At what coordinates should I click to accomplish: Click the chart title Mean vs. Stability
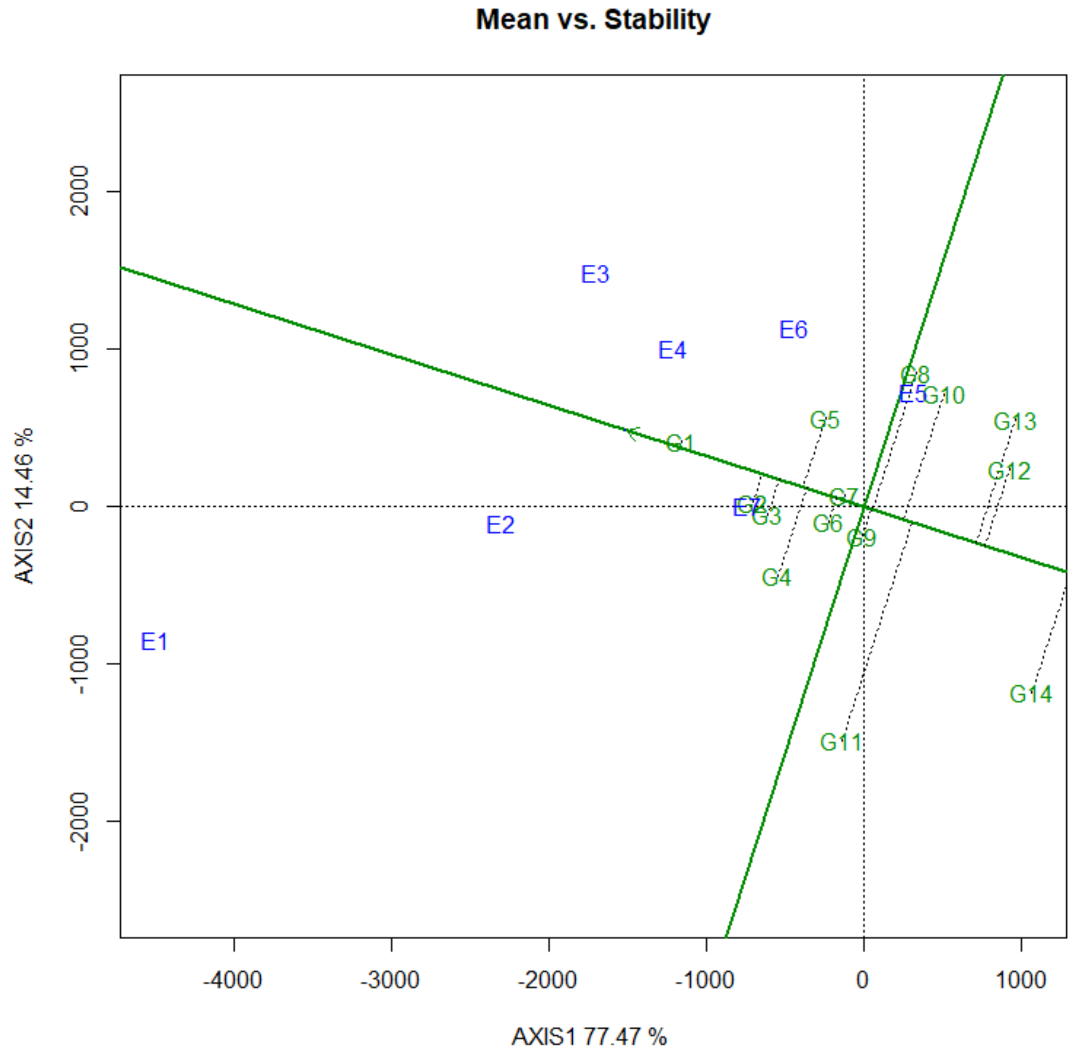pyautogui.click(x=592, y=20)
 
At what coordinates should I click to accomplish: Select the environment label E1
pyautogui.click(x=154, y=642)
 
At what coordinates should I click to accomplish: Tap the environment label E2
pyautogui.click(x=500, y=525)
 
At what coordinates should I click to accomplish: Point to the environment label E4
pyautogui.click(x=672, y=350)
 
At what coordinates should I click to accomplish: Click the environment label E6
pyautogui.click(x=793, y=330)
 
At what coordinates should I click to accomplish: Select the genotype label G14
pyautogui.click(x=1030, y=694)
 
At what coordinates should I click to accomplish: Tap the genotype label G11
pyautogui.click(x=841, y=742)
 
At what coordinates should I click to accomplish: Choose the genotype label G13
pyautogui.click(x=1014, y=422)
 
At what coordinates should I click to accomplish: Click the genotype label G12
pyautogui.click(x=1009, y=471)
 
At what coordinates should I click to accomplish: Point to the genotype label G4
pyautogui.click(x=776, y=578)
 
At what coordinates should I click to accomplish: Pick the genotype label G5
pyautogui.click(x=824, y=420)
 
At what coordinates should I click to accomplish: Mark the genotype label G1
pyautogui.click(x=680, y=444)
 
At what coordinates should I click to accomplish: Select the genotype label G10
pyautogui.click(x=944, y=396)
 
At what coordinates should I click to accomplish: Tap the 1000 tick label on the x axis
pyautogui.click(x=1020, y=980)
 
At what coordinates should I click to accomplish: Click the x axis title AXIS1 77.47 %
pyautogui.click(x=589, y=1037)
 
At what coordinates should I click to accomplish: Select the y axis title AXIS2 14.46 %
pyautogui.click(x=24, y=506)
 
